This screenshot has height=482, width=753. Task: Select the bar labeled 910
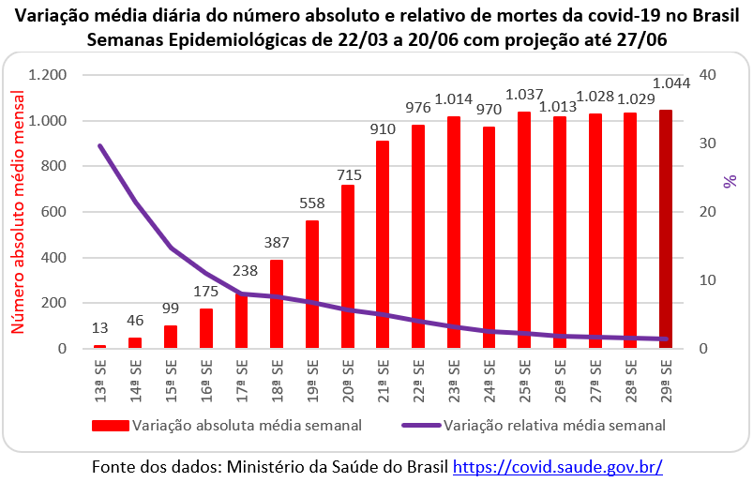click(383, 245)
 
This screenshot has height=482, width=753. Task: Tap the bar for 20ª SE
click(347, 267)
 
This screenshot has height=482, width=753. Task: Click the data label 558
click(312, 204)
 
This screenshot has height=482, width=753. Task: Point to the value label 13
click(100, 327)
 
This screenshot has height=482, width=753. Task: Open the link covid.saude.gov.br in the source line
click(558, 466)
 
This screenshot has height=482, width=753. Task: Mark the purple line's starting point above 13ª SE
click(100, 145)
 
